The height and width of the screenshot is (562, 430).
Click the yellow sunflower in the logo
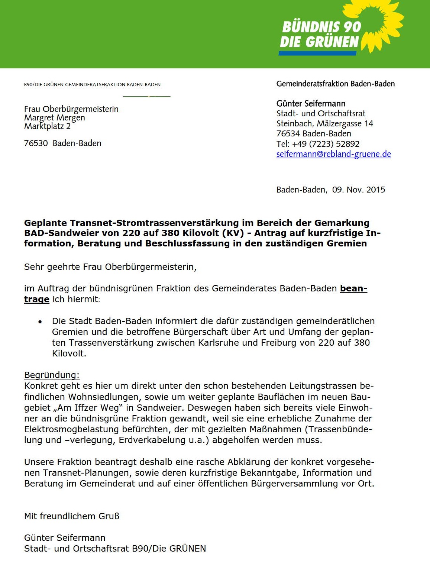click(x=383, y=24)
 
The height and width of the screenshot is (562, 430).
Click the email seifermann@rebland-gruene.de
click(x=333, y=154)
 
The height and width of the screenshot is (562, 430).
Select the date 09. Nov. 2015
click(x=358, y=190)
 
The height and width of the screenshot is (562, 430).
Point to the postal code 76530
click(x=36, y=143)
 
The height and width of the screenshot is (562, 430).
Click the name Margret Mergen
click(x=55, y=117)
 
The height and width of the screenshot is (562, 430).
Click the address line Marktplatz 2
click(x=47, y=126)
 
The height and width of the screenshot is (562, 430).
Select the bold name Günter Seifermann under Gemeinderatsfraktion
click(x=311, y=103)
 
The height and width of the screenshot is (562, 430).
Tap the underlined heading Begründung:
click(x=52, y=375)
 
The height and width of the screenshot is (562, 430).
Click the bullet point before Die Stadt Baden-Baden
click(x=40, y=322)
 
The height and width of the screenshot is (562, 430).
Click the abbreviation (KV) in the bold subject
click(x=233, y=233)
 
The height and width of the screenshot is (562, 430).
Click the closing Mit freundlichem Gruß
click(x=72, y=516)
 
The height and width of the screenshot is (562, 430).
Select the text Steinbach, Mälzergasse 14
click(x=324, y=123)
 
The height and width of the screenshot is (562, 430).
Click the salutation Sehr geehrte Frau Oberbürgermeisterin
click(x=110, y=267)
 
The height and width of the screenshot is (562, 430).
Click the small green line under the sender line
click(x=146, y=97)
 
